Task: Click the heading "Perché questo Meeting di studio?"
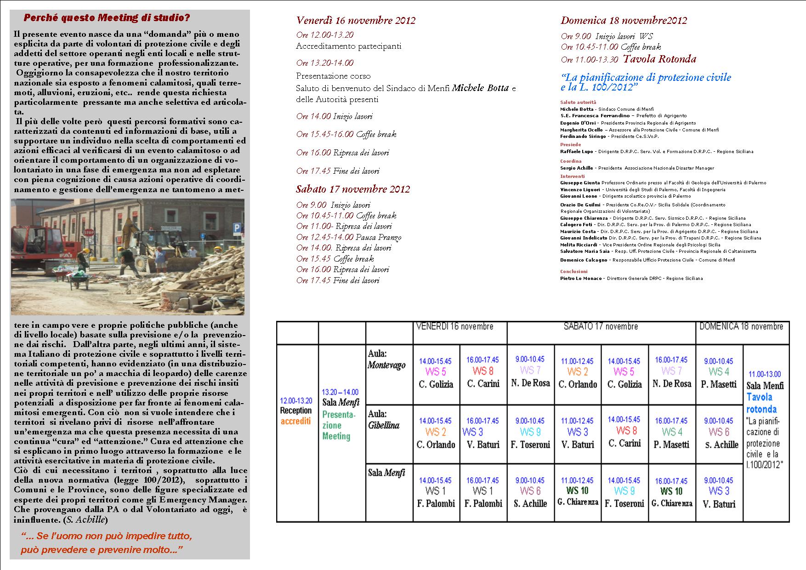[x=106, y=18]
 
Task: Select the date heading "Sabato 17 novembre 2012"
[x=353, y=189]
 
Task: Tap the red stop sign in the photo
[x=89, y=233]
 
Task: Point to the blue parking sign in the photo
[x=237, y=228]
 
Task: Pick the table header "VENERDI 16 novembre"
[x=454, y=327]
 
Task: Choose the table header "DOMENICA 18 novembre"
[x=741, y=327]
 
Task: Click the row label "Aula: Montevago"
[x=387, y=359]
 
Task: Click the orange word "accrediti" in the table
[x=295, y=421]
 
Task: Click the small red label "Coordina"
[x=571, y=161]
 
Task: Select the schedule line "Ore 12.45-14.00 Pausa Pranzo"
[x=349, y=237]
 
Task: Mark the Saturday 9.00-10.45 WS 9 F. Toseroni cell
[x=530, y=433]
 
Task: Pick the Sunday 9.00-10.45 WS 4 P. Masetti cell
[x=719, y=372]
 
